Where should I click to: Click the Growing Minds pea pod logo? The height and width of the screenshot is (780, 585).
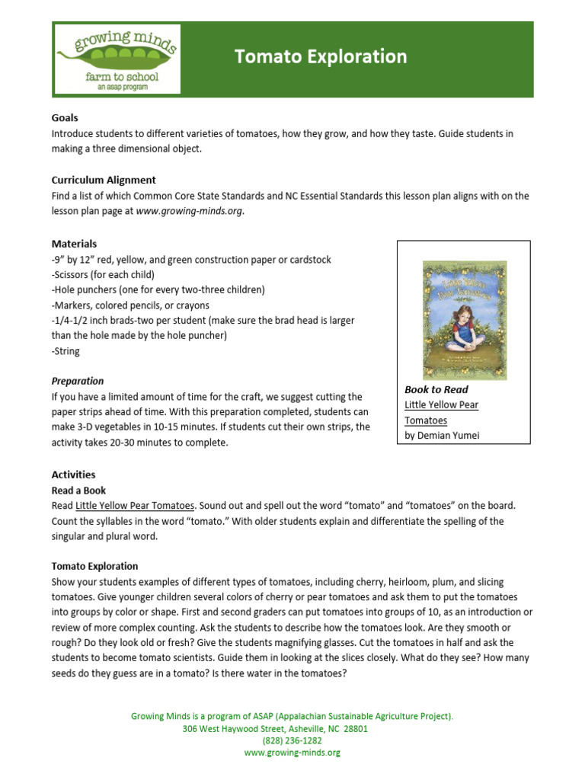(x=117, y=58)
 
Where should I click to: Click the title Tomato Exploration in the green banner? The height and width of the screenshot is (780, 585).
(x=321, y=56)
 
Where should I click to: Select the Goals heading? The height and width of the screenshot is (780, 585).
(x=65, y=118)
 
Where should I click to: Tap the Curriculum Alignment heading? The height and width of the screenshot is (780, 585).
(x=104, y=180)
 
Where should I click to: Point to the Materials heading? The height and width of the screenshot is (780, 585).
(x=74, y=244)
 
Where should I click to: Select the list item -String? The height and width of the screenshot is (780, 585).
(x=66, y=351)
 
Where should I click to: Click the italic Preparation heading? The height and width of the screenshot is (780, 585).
(x=78, y=381)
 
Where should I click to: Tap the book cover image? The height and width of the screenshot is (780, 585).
(x=465, y=320)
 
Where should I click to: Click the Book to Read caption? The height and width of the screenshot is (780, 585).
(x=436, y=389)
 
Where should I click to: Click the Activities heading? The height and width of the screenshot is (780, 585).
(x=73, y=475)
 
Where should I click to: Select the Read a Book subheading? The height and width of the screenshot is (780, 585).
(x=78, y=491)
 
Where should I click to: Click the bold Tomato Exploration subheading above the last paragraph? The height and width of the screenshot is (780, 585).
(x=94, y=566)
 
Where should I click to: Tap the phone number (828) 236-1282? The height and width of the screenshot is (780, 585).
(x=292, y=740)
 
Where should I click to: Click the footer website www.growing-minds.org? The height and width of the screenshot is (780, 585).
(x=292, y=752)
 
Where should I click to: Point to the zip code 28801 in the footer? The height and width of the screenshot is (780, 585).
(x=355, y=728)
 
